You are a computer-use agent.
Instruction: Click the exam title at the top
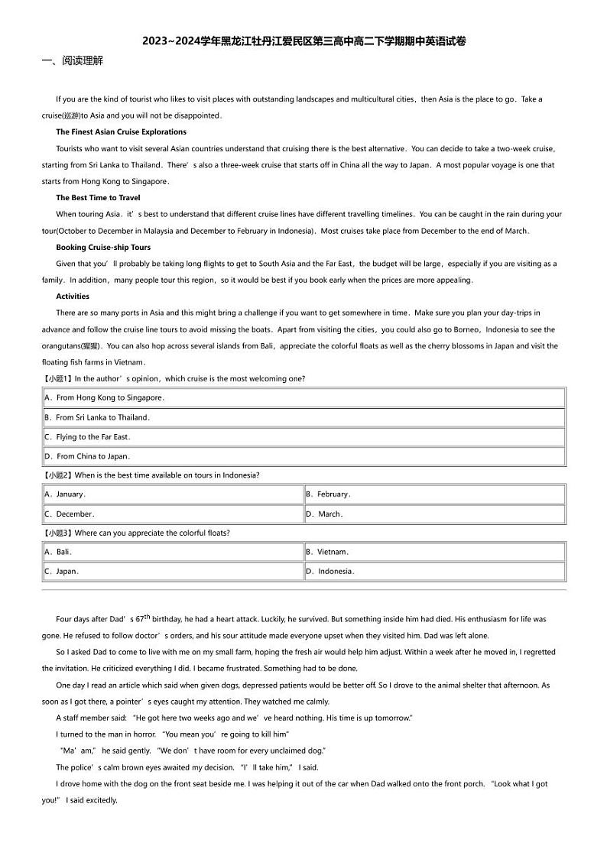pos(303,41)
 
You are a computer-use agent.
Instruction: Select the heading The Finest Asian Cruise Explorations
pos(121,132)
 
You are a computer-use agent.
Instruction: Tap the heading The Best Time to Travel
pos(98,198)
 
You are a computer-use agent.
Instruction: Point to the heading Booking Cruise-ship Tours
pos(103,247)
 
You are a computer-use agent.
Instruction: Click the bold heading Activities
pos(73,296)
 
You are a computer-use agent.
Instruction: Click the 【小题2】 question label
pos(57,475)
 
